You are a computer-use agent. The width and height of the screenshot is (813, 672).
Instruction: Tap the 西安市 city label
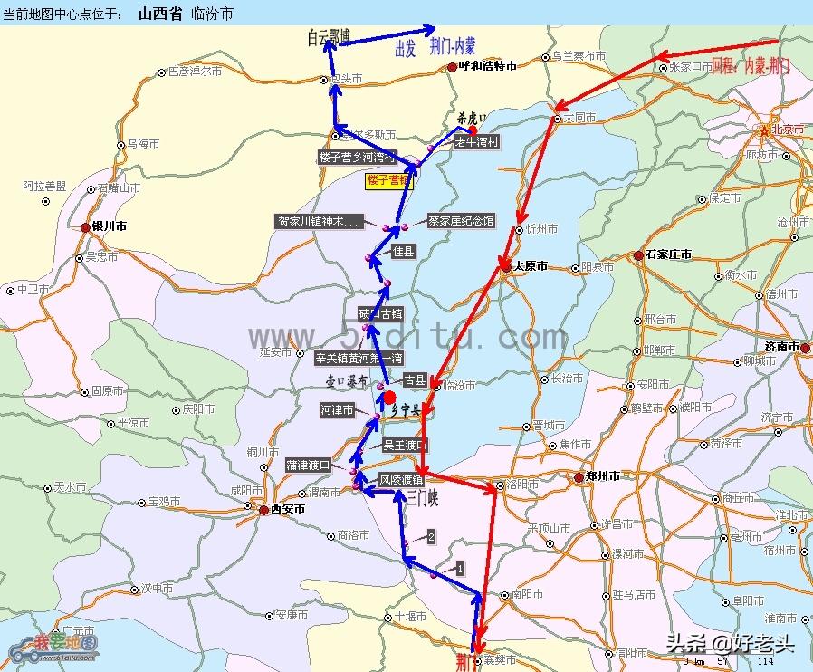coord(288,509)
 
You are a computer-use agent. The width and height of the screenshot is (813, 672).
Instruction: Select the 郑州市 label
coord(602,476)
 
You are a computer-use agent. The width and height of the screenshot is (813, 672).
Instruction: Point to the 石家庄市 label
coord(668,254)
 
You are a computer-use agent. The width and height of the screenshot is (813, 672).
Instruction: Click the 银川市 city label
coord(109,227)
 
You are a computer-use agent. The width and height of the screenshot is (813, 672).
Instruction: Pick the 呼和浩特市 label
coord(487,66)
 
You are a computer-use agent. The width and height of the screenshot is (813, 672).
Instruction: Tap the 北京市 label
coord(787,130)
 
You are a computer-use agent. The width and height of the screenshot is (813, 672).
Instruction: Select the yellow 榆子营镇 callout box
coord(388,181)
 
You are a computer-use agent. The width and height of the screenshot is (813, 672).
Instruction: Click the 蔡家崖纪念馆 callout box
coord(461,221)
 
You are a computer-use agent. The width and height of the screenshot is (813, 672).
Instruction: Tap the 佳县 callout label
coord(403,252)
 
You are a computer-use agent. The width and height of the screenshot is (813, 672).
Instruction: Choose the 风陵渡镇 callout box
coord(400,479)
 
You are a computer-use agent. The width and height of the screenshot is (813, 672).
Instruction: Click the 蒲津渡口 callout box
coord(309,465)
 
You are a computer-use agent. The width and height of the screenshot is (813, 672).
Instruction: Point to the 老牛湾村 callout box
coord(475,142)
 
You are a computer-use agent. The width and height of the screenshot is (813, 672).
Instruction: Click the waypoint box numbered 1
coord(460,569)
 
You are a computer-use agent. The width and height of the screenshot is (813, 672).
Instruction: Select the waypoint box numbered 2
coord(431,537)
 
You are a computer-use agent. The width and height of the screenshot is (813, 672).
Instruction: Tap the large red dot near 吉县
coord(389,398)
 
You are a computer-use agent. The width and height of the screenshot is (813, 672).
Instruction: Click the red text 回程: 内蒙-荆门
coord(751,65)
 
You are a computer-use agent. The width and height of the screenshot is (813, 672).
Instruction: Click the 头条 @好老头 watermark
coord(731,643)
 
